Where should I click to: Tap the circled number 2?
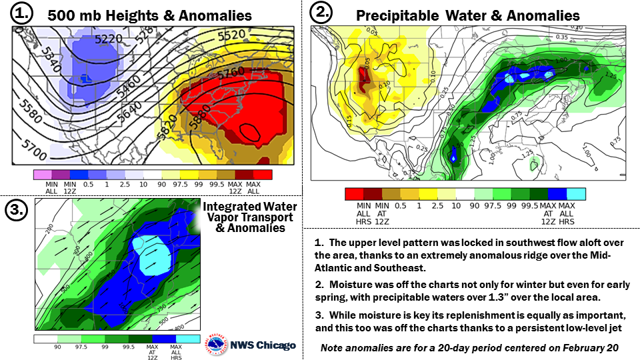point(323,12)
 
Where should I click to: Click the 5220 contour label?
point(109,39)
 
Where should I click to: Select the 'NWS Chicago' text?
point(263,345)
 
